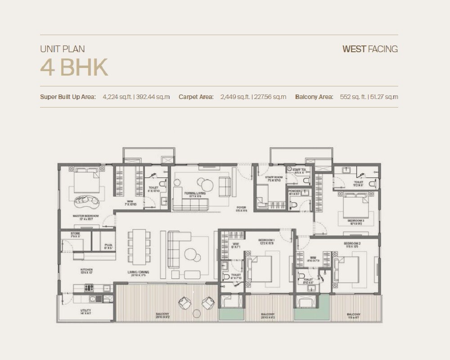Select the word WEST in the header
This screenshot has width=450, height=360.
(x=354, y=49)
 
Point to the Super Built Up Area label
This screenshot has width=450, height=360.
(x=68, y=97)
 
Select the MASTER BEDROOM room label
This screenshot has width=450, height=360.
(x=85, y=216)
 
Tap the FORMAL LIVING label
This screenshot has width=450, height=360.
(x=195, y=193)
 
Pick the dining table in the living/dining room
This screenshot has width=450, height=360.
(x=139, y=249)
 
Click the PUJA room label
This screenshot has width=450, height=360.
(x=108, y=246)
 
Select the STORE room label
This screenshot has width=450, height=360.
(x=76, y=234)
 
